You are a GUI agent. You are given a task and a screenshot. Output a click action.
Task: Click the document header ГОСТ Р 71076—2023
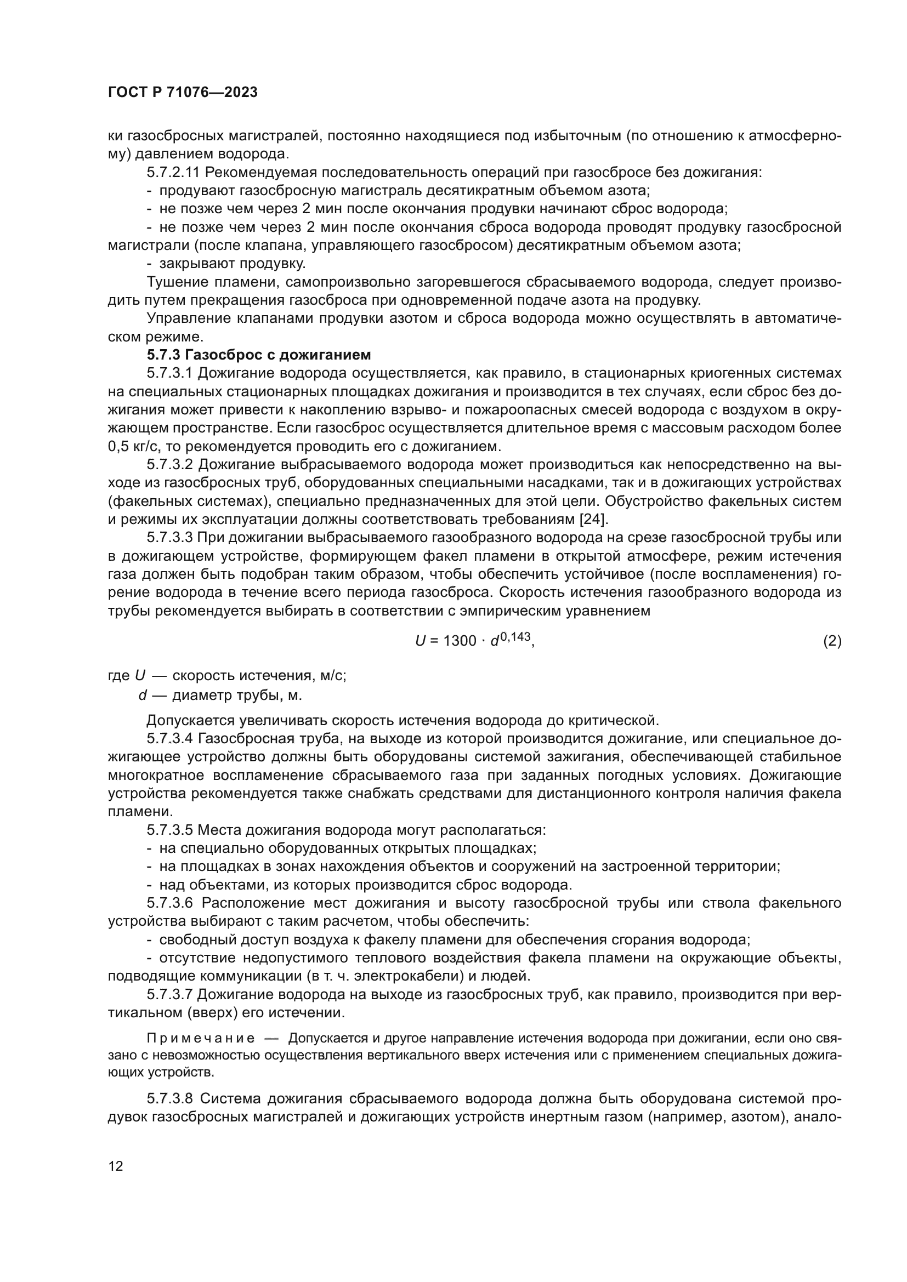pos(182,93)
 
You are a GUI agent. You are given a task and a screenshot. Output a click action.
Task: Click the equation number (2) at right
pos(832,642)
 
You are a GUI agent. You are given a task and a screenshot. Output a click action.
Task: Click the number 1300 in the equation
pos(459,642)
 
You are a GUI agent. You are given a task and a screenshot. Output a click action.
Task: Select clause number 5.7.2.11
pos(174,173)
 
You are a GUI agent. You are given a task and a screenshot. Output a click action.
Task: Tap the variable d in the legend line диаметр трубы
pos(143,696)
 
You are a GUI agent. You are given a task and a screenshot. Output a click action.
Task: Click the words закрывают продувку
pos(233,264)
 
